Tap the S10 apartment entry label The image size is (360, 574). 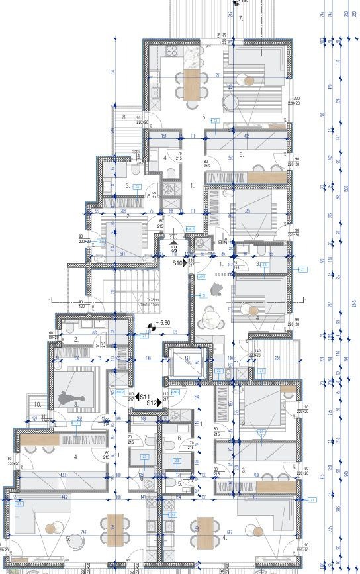pyautogui.click(x=177, y=263)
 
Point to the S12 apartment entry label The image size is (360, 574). pyautogui.click(x=151, y=402)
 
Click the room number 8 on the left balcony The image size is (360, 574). pyautogui.click(x=124, y=117)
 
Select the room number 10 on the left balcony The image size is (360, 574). pyautogui.click(x=38, y=404)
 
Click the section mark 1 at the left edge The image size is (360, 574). pyautogui.click(x=50, y=300)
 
